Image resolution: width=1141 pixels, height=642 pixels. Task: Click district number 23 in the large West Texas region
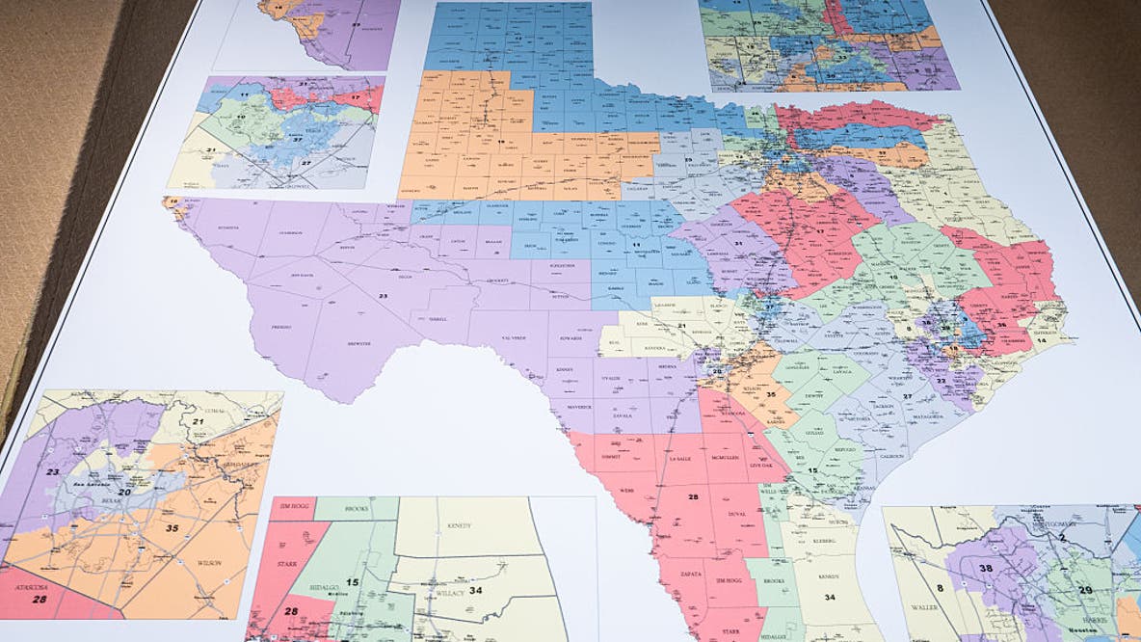[x=384, y=294]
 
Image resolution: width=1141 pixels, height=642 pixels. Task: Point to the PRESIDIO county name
[x=281, y=327]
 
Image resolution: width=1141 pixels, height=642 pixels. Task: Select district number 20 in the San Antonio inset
[x=124, y=491]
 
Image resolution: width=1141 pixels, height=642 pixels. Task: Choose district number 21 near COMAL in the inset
[x=199, y=420]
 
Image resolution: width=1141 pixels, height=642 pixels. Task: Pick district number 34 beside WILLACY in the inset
[x=476, y=590]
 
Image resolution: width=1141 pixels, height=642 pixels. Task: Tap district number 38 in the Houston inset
[x=985, y=569]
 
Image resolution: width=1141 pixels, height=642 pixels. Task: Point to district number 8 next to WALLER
[x=939, y=586]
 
